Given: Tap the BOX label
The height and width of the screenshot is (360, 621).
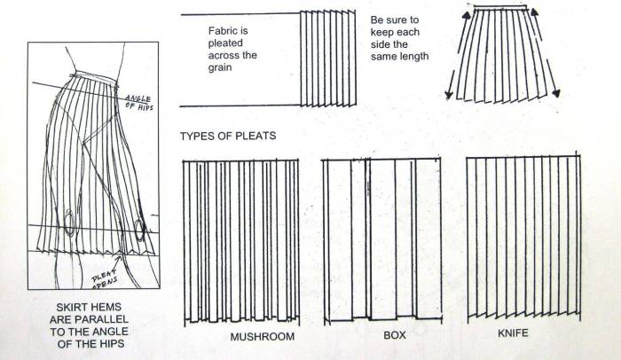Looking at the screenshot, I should click(x=395, y=337).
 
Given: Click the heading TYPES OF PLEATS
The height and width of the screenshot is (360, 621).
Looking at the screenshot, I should click(x=227, y=137).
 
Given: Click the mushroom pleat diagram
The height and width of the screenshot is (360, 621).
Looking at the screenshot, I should click(x=242, y=239).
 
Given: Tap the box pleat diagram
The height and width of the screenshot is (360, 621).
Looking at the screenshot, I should click(x=381, y=239).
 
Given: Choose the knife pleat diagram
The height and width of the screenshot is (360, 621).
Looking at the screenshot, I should click(x=524, y=239).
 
